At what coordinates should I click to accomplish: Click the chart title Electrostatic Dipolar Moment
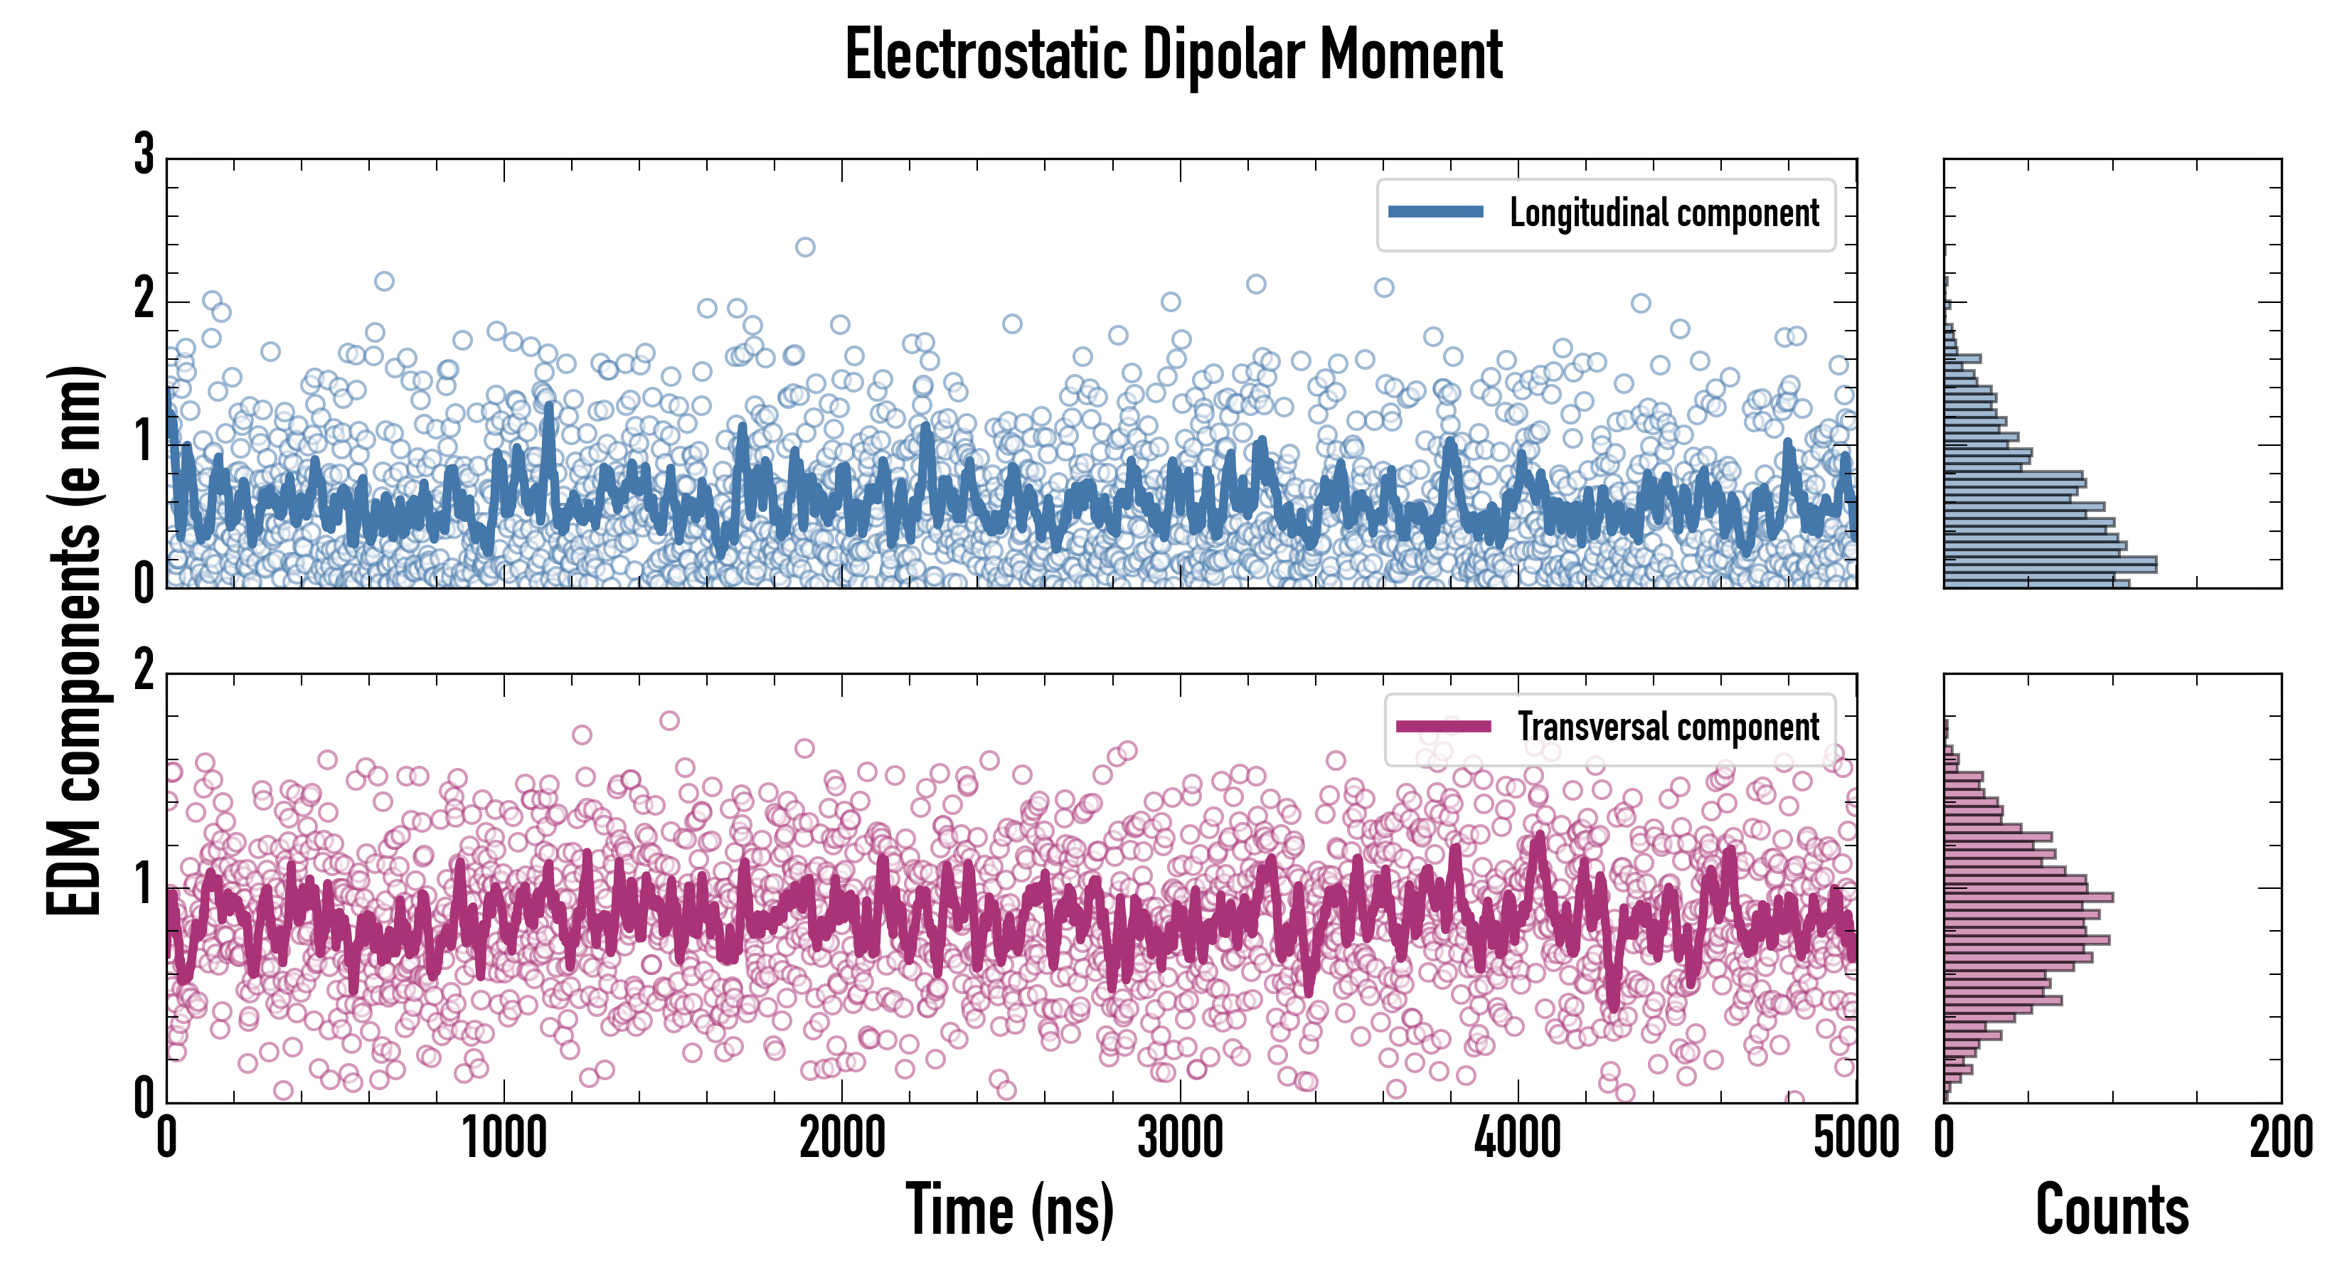tap(1173, 55)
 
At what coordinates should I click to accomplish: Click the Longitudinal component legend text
tap(1664, 213)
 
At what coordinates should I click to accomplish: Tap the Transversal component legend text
tap(1669, 727)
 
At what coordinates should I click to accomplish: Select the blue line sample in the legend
tap(1436, 213)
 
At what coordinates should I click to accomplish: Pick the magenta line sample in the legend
tap(1443, 727)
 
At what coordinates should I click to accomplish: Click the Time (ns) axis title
tap(1009, 1210)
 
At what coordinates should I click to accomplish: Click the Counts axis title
tap(2112, 1210)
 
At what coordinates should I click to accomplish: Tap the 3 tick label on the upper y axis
tap(144, 155)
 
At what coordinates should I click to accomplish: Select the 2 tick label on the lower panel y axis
tap(144, 672)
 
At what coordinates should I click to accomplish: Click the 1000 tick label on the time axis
tap(504, 1138)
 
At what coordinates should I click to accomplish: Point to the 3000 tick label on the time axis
tap(1180, 1138)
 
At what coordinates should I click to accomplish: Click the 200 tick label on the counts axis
tap(2280, 1138)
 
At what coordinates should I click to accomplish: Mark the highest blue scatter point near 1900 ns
tap(805, 247)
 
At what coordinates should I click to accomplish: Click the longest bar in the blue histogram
tap(2050, 565)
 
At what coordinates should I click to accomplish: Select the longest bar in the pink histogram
tap(2028, 897)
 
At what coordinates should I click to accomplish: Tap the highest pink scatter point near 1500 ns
tap(670, 720)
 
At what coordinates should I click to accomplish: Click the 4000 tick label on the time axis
tap(1518, 1138)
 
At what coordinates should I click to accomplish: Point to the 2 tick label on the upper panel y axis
tap(144, 299)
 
